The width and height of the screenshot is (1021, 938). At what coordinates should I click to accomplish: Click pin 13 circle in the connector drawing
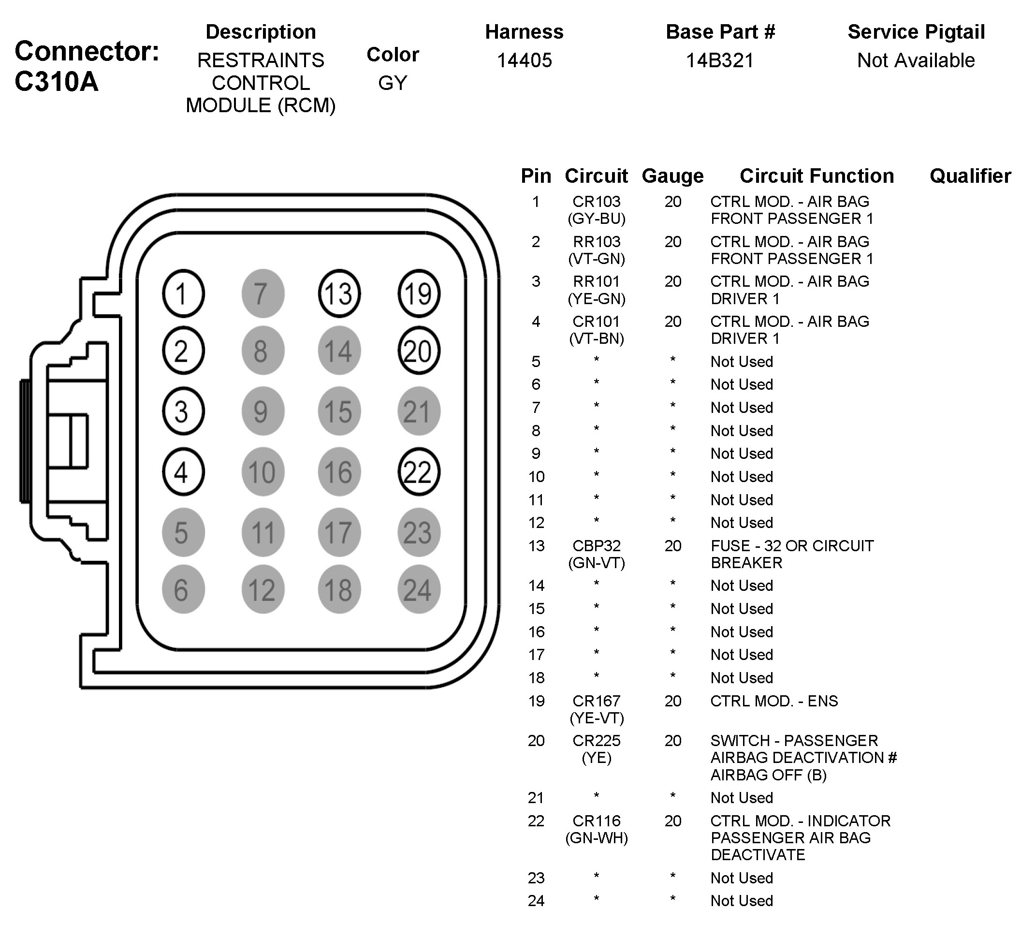tap(339, 293)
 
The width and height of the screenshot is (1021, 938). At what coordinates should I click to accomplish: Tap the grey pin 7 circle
tap(263, 293)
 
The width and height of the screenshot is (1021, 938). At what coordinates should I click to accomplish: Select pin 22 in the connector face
tap(418, 471)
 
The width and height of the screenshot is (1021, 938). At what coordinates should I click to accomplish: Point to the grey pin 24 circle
tap(418, 589)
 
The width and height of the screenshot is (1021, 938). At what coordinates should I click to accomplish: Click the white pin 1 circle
tap(183, 293)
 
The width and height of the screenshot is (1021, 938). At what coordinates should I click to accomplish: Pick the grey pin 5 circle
tap(183, 532)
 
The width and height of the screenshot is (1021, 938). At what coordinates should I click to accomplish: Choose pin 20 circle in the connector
tap(418, 351)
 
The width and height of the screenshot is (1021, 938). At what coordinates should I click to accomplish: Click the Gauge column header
tap(672, 176)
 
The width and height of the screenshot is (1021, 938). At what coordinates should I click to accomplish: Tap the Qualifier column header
tap(970, 176)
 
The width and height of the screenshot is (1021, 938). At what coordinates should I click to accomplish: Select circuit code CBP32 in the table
tap(596, 546)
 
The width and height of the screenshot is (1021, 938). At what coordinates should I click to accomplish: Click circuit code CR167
tap(596, 701)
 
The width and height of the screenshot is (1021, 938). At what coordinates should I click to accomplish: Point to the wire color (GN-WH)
tap(596, 838)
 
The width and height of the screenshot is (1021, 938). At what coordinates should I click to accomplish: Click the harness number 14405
tap(524, 60)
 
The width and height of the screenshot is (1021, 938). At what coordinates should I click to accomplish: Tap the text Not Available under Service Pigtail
tap(916, 60)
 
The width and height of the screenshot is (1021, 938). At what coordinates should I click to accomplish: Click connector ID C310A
tap(57, 81)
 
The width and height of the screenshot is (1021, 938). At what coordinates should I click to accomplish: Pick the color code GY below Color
tap(392, 83)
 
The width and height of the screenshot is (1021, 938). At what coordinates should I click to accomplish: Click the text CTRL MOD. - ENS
tap(774, 701)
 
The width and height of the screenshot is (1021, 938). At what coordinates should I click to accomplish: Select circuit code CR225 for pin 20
tap(596, 741)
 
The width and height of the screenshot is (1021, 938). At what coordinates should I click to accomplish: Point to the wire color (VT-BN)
tap(596, 338)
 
